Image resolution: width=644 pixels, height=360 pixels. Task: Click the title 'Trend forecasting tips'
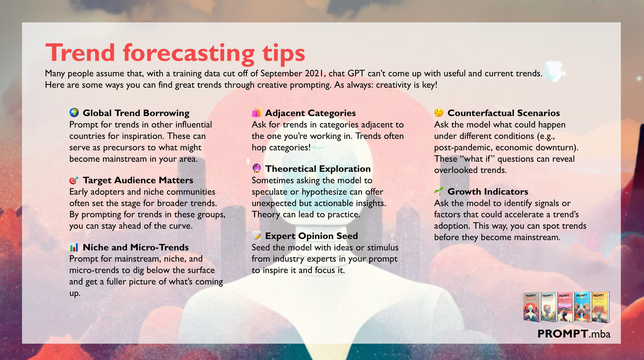tap(175, 53)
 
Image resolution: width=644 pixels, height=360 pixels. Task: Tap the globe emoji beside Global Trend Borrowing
tap(74, 112)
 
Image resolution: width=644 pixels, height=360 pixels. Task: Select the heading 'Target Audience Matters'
tap(138, 180)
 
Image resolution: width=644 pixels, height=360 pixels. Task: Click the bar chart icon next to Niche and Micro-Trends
tap(74, 247)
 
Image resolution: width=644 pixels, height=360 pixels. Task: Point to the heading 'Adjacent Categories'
tap(310, 113)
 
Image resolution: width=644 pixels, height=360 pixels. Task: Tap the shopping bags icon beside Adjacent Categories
tap(256, 113)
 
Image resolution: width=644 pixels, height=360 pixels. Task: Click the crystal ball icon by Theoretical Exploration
tap(256, 169)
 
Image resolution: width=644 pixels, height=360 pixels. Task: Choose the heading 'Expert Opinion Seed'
tap(311, 236)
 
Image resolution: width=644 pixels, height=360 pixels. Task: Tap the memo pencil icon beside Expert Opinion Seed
tap(256, 236)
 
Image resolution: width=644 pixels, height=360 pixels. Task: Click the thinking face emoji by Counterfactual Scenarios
tap(439, 112)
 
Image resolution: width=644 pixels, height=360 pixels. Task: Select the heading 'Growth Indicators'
tap(488, 191)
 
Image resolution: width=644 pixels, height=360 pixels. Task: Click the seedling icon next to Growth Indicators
tap(439, 191)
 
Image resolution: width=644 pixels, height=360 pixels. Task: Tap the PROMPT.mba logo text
tap(574, 333)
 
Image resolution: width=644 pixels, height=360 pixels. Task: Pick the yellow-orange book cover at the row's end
tap(600, 307)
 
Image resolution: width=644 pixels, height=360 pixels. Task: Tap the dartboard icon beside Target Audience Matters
tap(74, 180)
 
